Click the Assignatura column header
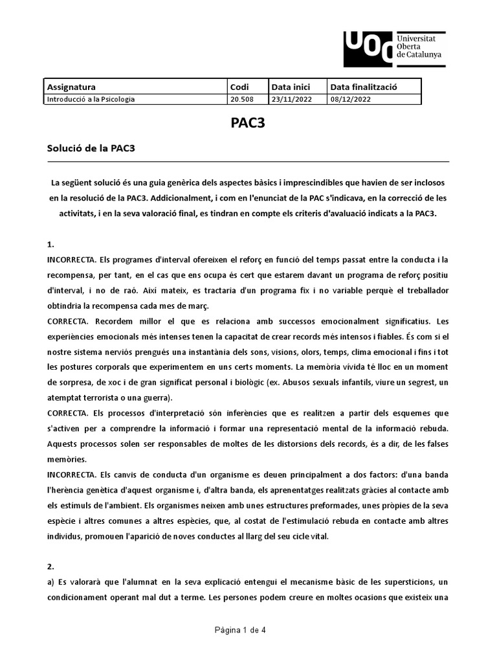pos(71,87)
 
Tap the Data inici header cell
pos(291,87)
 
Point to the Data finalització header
pos(363,87)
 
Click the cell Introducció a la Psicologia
pos(91,99)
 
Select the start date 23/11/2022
pos(290,99)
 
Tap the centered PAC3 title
pos(248,124)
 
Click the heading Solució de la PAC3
pos(90,148)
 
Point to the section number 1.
pos(50,245)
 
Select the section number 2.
pos(50,565)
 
